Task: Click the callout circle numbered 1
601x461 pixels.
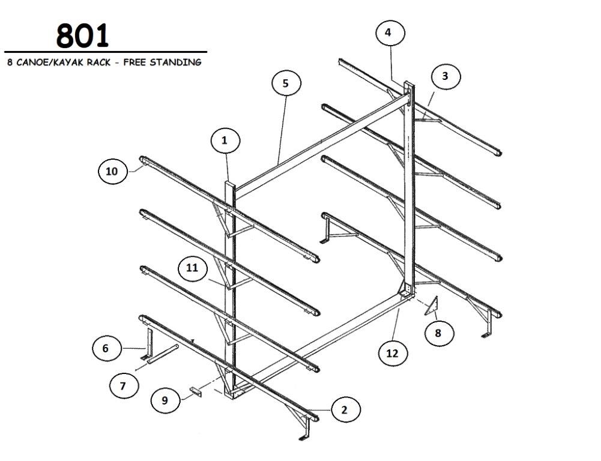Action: coord(225,140)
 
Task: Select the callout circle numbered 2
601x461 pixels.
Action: coord(345,409)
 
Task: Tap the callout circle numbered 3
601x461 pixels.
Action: coord(445,76)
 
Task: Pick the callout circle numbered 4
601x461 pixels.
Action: coord(390,32)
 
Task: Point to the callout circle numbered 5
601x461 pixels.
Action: coord(286,83)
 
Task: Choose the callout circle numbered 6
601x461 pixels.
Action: coord(106,348)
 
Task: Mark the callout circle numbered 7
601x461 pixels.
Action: coord(124,385)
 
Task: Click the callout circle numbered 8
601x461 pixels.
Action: coord(439,333)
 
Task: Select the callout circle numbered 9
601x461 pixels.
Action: coord(165,400)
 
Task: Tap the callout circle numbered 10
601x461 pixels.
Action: coord(113,171)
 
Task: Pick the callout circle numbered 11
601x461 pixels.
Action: coord(193,268)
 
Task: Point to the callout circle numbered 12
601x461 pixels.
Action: coord(393,352)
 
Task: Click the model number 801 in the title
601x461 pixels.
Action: coord(82,35)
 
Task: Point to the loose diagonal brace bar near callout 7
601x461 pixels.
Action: coord(163,354)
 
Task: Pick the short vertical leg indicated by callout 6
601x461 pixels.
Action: coord(149,344)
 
